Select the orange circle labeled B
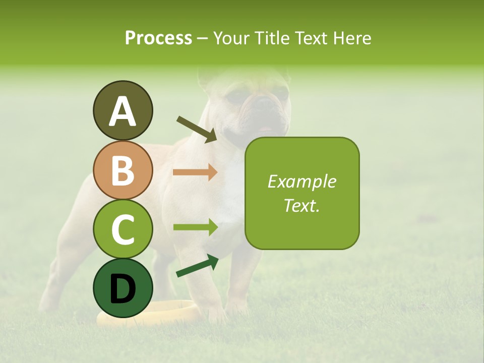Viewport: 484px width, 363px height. point(123,170)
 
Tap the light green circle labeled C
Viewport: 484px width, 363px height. point(123,229)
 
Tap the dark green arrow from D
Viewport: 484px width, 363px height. point(197,266)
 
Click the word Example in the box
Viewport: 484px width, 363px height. point(301,181)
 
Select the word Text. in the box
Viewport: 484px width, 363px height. point(301,205)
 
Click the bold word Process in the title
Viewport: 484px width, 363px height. point(158,38)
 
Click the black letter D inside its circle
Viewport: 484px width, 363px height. point(123,288)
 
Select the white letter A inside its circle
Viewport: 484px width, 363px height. point(123,111)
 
